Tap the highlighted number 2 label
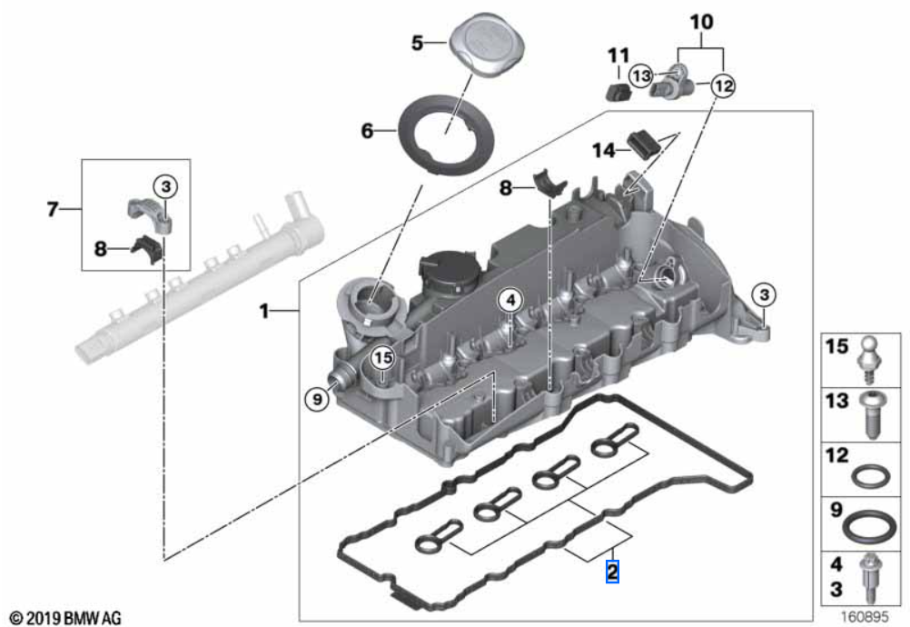tap(612, 572)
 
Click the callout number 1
tap(264, 312)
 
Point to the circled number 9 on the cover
tap(316, 397)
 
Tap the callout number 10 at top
tap(702, 20)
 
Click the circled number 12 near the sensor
tap(722, 85)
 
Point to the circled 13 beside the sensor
tap(641, 76)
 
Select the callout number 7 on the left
tap(53, 211)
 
